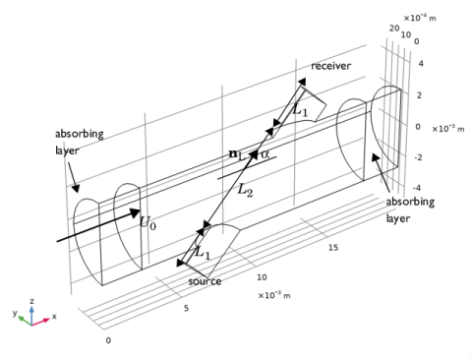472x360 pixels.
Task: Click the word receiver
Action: [x=330, y=66]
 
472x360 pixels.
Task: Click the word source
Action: [x=205, y=281]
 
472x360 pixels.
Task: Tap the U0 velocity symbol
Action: [x=147, y=222]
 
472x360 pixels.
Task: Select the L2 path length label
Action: [x=245, y=190]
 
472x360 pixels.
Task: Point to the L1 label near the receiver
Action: [x=300, y=109]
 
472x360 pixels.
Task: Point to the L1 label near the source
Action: [x=203, y=253]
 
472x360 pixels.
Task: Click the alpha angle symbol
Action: [x=265, y=154]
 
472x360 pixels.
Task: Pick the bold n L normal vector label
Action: [x=237, y=154]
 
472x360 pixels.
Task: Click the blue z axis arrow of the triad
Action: [x=31, y=315]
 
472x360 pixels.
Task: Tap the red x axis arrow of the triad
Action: [x=41, y=322]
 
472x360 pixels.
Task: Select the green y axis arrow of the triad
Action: [x=25, y=320]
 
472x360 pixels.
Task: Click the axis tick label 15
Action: [x=333, y=248]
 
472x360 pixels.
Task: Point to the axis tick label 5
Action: [x=186, y=308]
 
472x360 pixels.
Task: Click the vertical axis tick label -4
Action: [x=417, y=188]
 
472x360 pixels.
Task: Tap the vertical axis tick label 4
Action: [x=421, y=63]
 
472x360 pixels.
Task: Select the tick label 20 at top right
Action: [x=394, y=29]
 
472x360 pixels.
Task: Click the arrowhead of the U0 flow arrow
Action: [x=135, y=212]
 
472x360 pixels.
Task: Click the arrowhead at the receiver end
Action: [x=302, y=82]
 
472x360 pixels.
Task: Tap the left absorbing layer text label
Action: [x=80, y=143]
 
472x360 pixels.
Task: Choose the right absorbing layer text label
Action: [x=410, y=210]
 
